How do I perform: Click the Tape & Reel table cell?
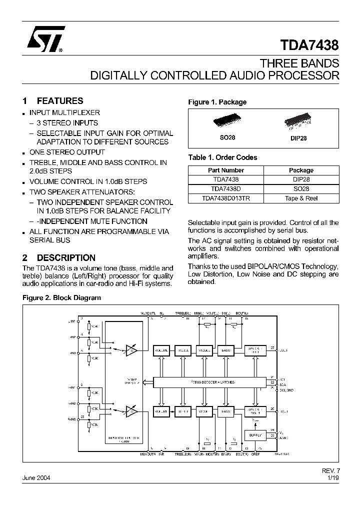(x=301, y=198)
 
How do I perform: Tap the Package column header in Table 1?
(x=301, y=170)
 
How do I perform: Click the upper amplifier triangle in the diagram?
(x=132, y=350)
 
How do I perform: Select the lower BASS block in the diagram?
(x=226, y=412)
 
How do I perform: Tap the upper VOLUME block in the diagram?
(x=161, y=350)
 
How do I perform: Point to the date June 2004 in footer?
(x=36, y=477)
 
